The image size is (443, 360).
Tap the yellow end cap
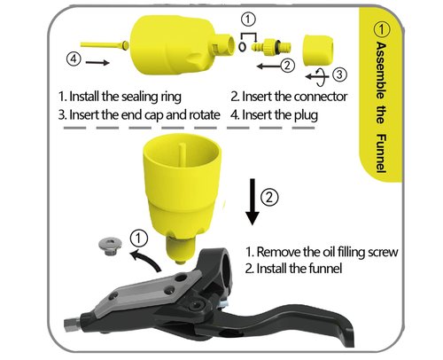tap(318, 51)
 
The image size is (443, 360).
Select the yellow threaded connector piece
tap(271, 47)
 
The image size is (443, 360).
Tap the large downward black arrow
tap(253, 201)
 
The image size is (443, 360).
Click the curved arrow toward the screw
tap(146, 258)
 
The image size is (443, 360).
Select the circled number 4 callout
tap(74, 59)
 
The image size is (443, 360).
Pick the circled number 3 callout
tap(340, 74)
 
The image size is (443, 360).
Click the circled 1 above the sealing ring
tap(248, 20)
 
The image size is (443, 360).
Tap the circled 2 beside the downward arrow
tap(269, 197)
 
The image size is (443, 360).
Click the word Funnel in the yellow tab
tap(381, 153)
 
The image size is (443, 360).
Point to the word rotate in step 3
tap(205, 114)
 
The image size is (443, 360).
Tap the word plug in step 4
tap(307, 115)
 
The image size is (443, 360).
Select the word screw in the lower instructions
tap(383, 253)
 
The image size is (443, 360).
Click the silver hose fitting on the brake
tap(72, 323)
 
